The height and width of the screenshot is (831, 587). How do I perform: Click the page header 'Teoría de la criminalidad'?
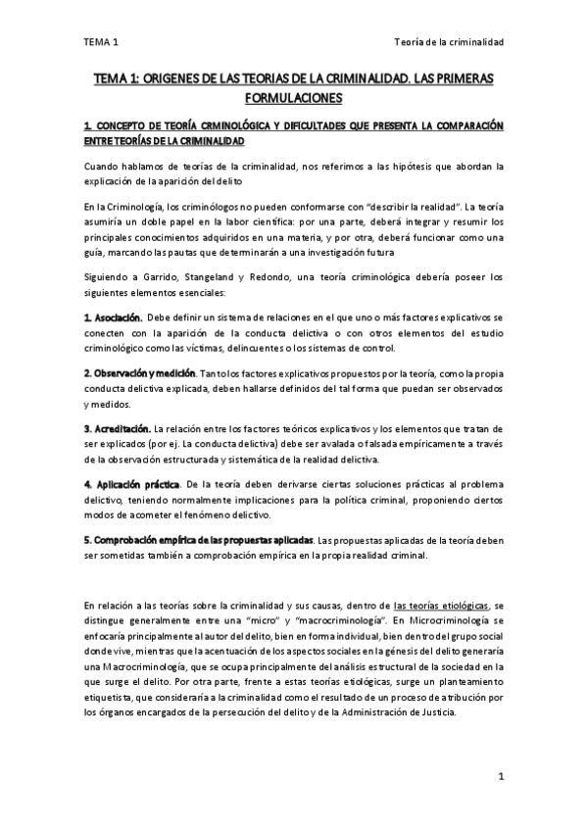pyautogui.click(x=448, y=43)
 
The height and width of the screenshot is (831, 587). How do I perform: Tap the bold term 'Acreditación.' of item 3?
pyautogui.click(x=117, y=429)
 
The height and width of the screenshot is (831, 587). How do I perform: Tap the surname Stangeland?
pyautogui.click(x=216, y=277)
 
